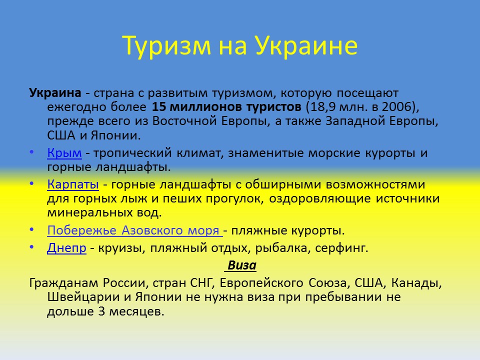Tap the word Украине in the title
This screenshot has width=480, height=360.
[x=307, y=46]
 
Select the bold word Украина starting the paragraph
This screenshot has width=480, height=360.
[x=55, y=93]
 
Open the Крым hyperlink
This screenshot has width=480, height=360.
[x=64, y=153]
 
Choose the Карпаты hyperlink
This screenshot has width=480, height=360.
[x=73, y=184]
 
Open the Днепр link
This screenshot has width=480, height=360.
[x=67, y=248]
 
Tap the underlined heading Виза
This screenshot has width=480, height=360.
[x=242, y=265]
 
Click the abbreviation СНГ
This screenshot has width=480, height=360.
[x=201, y=283]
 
